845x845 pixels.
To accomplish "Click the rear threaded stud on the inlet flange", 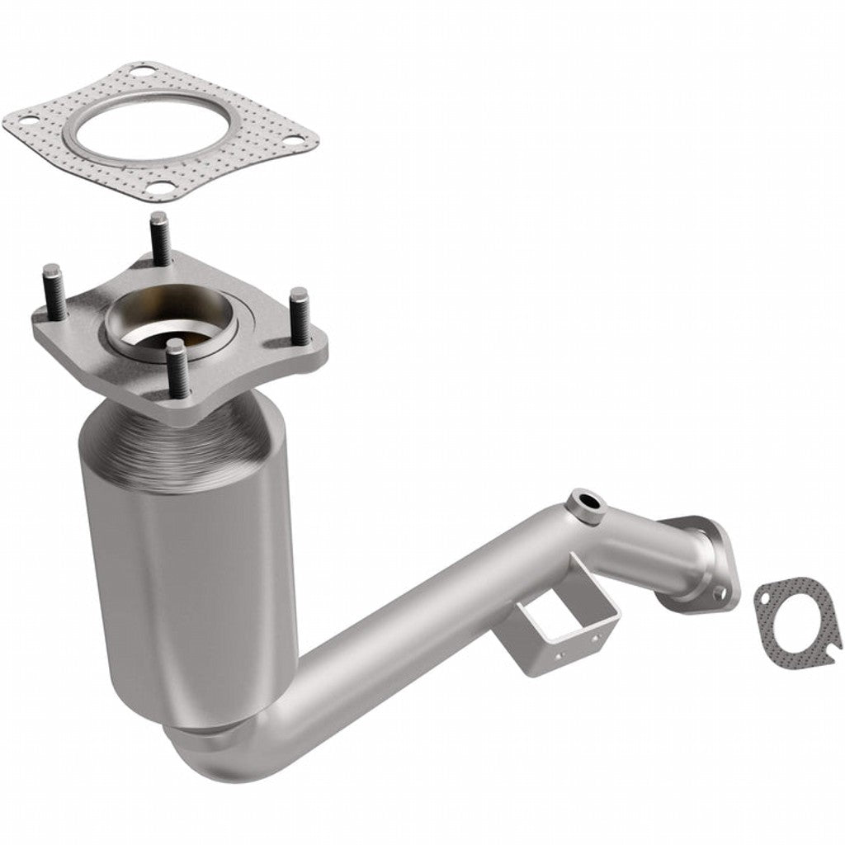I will (159, 239).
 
